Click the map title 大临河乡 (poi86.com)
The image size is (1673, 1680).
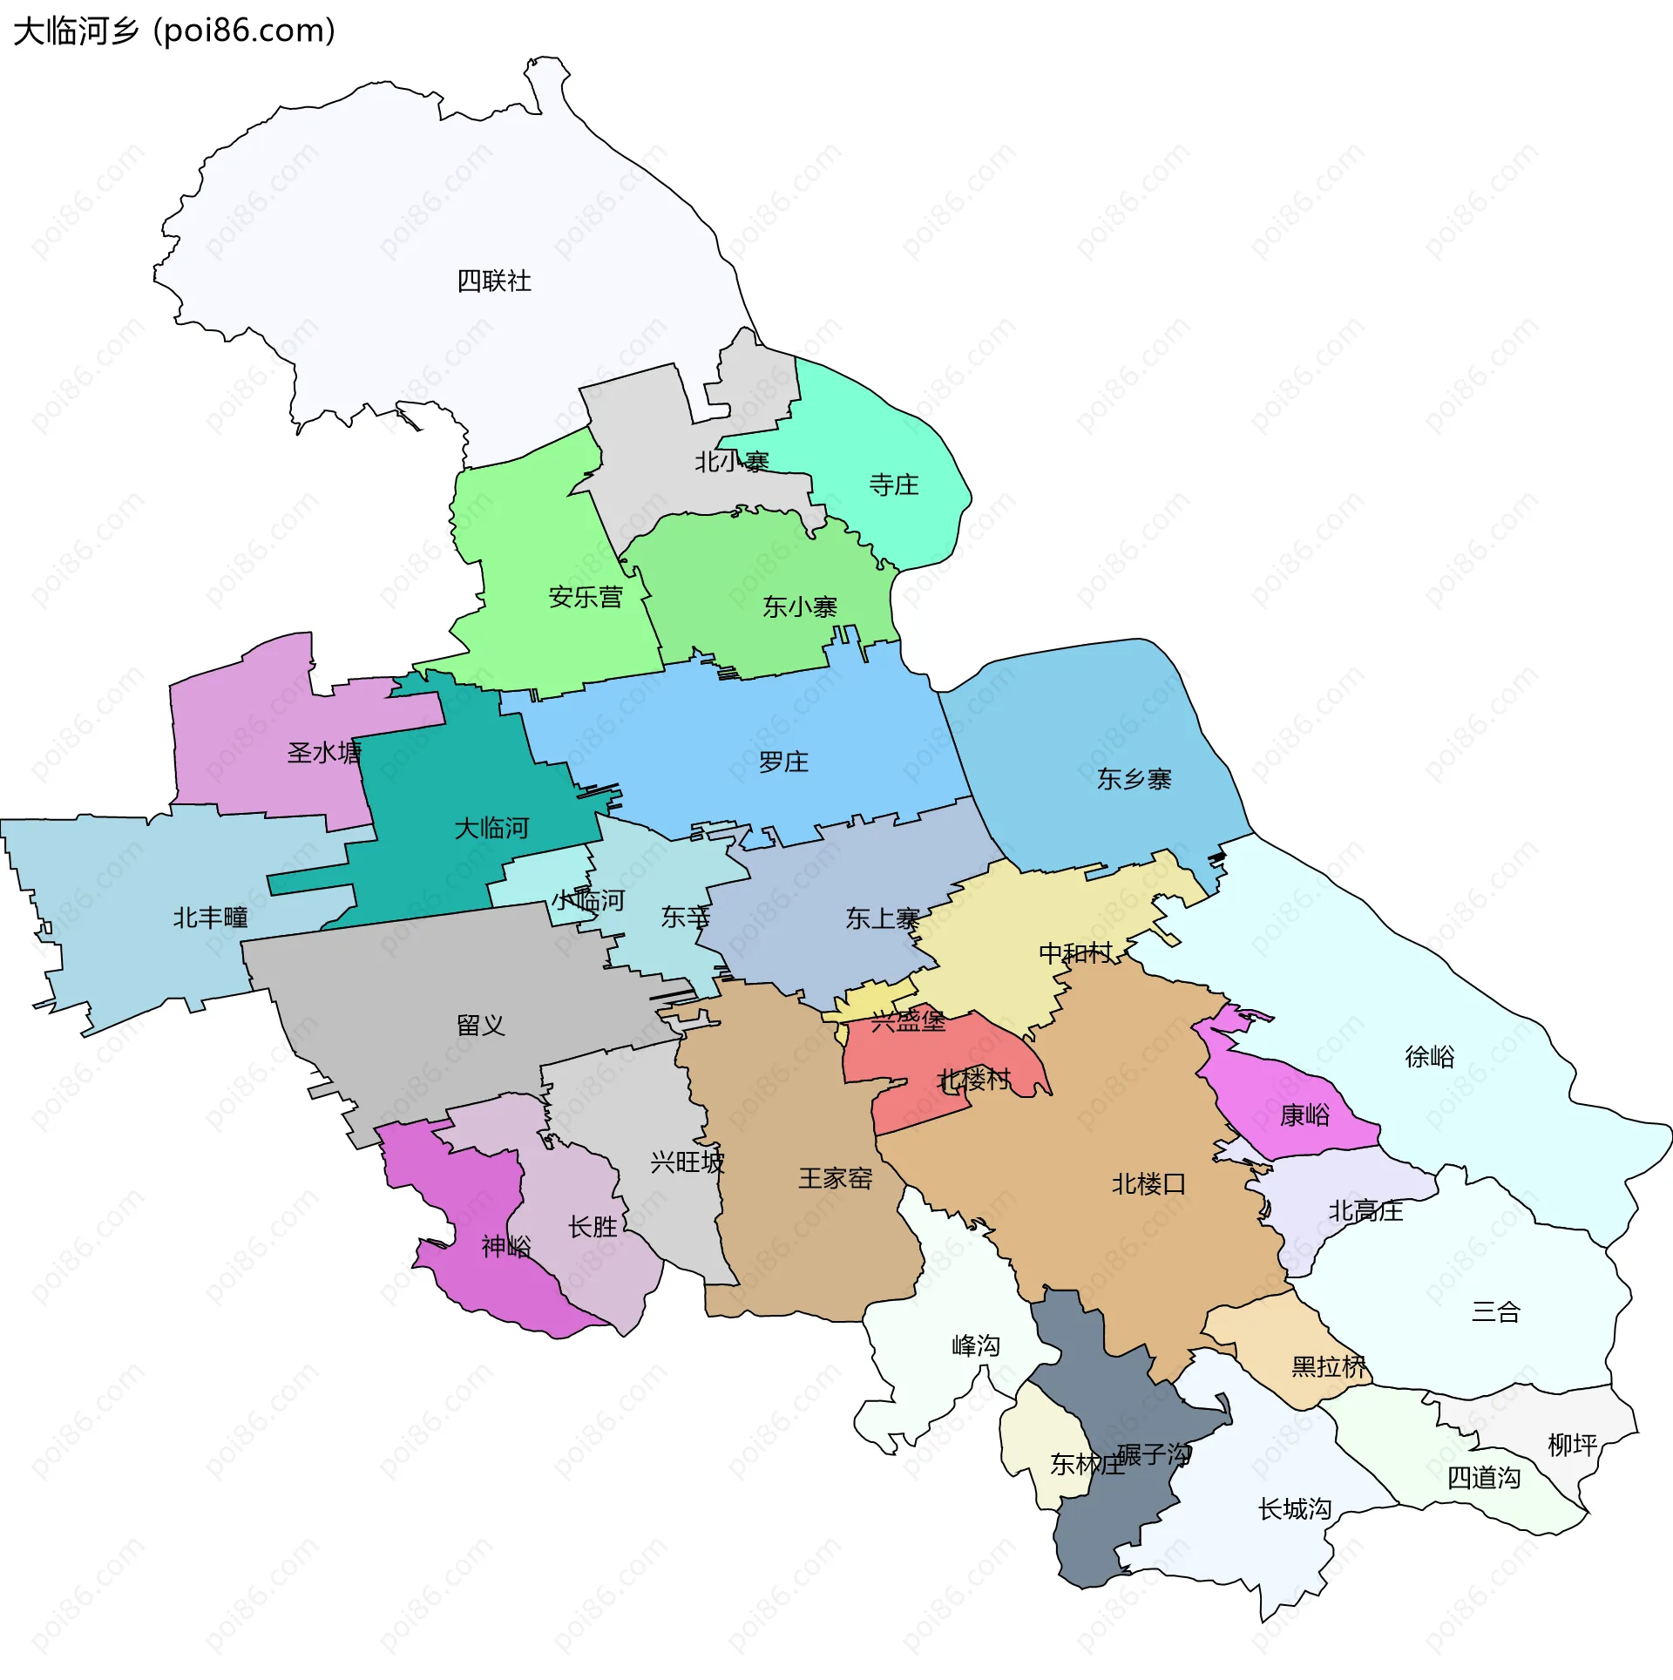(174, 31)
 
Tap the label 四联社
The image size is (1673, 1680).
(494, 281)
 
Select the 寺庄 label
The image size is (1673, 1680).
(894, 484)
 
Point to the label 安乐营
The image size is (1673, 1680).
(586, 597)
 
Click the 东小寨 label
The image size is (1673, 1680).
(800, 606)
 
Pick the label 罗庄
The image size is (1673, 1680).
(783, 762)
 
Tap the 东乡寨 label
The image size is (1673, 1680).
(1134, 779)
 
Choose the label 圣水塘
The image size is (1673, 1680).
(324, 752)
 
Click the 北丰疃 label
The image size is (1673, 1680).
(210, 918)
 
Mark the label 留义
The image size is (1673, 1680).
(481, 1025)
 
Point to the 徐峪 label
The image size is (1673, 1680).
(1430, 1057)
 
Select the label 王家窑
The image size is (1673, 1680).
(836, 1178)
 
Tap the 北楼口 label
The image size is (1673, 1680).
(1148, 1183)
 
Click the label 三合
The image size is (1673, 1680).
(1496, 1311)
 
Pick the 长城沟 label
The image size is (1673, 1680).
(1295, 1508)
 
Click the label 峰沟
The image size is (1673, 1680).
(976, 1345)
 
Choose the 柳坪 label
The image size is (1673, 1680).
(1573, 1446)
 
